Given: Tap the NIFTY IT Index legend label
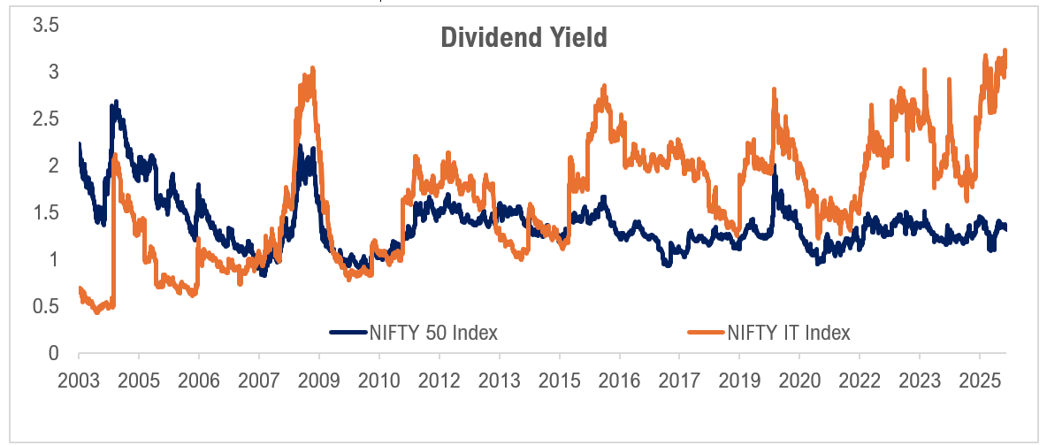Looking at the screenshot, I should click(x=789, y=333).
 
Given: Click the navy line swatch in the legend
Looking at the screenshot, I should click(x=348, y=333).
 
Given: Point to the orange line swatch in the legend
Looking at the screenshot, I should click(x=706, y=333).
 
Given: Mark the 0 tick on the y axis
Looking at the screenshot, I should click(x=54, y=354).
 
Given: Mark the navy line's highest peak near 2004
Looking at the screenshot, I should click(x=116, y=103).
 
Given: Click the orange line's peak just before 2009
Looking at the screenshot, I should click(x=312, y=68).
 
